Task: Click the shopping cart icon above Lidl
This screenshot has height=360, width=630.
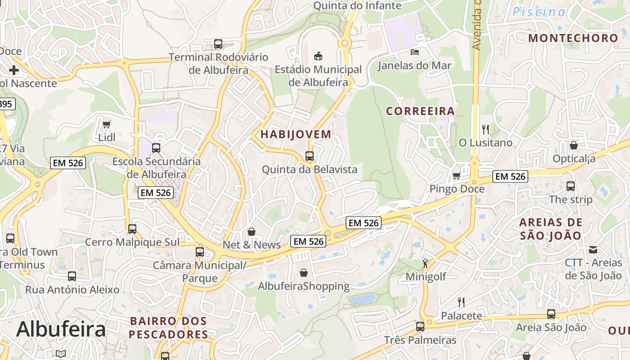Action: coord(107,124)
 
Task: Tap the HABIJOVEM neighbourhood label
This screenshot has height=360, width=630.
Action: coord(296,134)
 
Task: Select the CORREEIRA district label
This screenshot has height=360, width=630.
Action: coord(420,111)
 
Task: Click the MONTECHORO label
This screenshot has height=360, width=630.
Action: coord(573,38)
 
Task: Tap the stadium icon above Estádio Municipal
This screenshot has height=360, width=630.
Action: coord(318,56)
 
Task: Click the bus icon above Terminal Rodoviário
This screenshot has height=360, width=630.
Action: coord(218,44)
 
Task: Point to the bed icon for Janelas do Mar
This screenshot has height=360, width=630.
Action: coord(414,52)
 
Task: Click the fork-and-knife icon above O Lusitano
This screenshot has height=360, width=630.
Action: coord(485,130)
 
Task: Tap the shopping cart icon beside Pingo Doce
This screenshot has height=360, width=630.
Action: coord(456,176)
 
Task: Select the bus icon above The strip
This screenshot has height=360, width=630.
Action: coord(571,186)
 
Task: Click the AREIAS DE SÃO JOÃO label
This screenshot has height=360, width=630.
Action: coord(550,229)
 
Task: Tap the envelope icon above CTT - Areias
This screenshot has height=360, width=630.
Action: coord(593,249)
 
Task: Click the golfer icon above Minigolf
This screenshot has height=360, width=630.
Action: coord(425,263)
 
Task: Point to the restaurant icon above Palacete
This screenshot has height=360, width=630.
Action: coord(461,302)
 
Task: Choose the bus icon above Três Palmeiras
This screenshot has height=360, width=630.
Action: coord(420,327)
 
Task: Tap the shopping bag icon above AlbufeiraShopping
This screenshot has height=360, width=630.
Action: coord(304,273)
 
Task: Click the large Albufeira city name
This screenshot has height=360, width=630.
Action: coord(61,329)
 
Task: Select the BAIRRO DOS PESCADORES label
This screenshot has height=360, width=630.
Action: coord(168,328)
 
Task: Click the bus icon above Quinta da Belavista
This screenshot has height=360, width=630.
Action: coord(310,156)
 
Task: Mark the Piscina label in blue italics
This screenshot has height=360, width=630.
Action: coord(539,12)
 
